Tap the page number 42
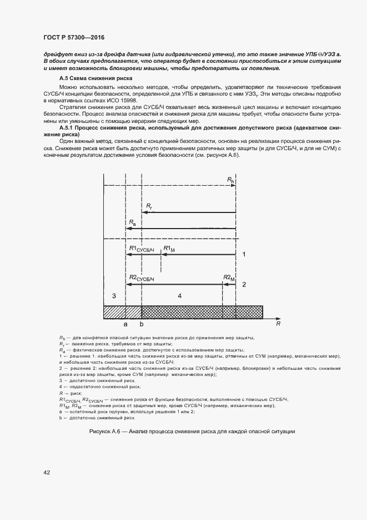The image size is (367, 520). [47, 472]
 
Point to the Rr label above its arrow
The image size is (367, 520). [149, 206]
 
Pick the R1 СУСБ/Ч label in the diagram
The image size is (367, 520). [140, 249]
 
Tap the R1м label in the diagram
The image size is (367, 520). [169, 249]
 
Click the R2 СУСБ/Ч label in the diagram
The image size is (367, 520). [140, 278]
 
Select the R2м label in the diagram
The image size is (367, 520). [228, 278]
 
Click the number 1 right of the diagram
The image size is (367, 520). [244, 254]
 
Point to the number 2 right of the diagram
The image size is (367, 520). [244, 284]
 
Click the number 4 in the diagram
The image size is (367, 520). [179, 296]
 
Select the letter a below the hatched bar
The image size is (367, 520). [125, 324]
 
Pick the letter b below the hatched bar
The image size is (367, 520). [142, 324]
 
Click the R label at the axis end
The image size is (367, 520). [279, 323]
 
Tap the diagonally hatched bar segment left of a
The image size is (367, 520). [114, 311]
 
